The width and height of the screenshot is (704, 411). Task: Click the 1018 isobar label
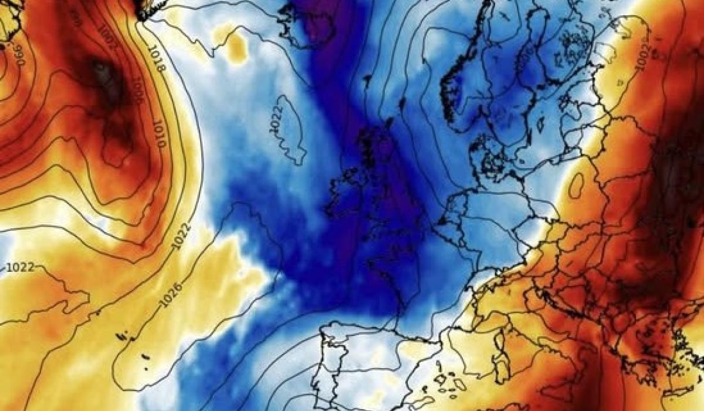157,59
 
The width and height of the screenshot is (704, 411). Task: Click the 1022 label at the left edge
19,268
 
